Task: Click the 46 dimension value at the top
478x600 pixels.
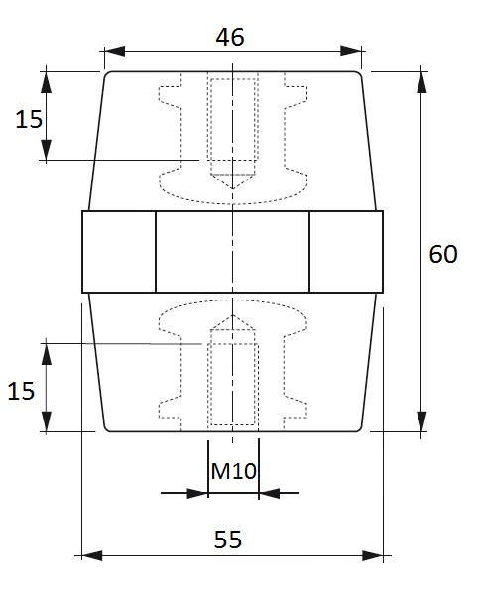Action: click(230, 37)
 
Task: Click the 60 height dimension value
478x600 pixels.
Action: click(443, 254)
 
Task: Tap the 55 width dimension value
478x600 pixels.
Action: click(228, 540)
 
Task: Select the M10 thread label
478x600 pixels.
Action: click(233, 471)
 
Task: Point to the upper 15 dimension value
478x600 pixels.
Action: click(29, 119)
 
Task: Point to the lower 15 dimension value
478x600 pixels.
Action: click(21, 391)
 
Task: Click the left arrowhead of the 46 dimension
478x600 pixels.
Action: click(114, 51)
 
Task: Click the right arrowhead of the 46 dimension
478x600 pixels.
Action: click(351, 51)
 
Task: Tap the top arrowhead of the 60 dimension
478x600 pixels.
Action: click(421, 82)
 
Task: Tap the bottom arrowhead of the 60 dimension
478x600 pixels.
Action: click(421, 421)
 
